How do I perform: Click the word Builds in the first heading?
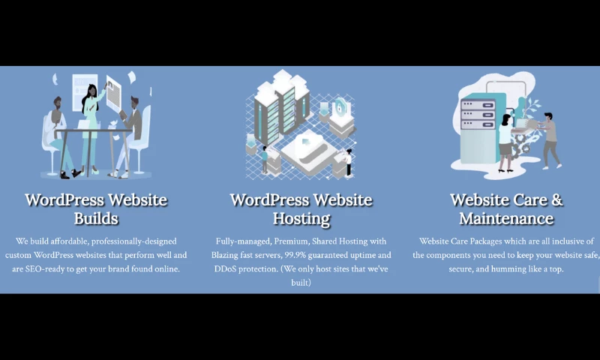(95, 219)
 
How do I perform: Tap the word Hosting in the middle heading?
(301, 219)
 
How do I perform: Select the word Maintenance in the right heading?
(506, 219)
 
